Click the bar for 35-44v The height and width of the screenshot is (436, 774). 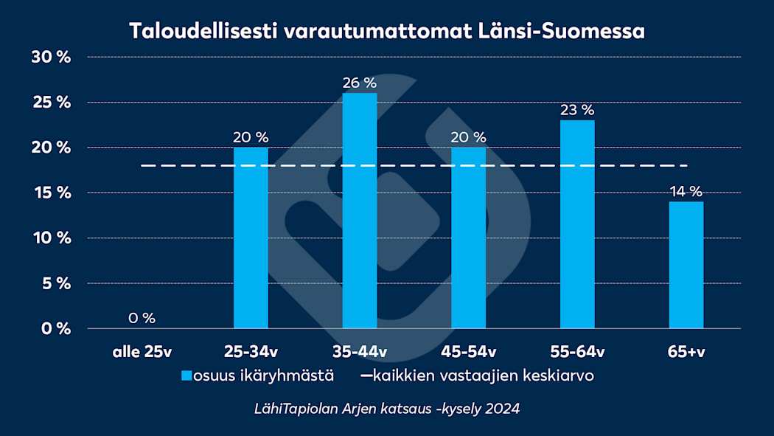[360, 210]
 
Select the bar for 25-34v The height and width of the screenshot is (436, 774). [251, 238]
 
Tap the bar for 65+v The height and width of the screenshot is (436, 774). [686, 265]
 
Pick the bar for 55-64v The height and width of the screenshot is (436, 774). [577, 224]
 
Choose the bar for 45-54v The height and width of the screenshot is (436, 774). [469, 238]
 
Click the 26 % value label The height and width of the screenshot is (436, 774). [360, 83]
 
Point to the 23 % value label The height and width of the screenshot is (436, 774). [577, 110]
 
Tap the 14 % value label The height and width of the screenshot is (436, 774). [686, 192]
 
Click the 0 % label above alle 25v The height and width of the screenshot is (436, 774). [142, 318]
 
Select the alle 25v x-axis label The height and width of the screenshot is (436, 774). [142, 352]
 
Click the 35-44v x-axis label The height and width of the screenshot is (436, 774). [360, 352]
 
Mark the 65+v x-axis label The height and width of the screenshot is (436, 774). [686, 352]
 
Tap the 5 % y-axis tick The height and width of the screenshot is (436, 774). [55, 283]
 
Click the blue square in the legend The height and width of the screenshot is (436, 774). [186, 376]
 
